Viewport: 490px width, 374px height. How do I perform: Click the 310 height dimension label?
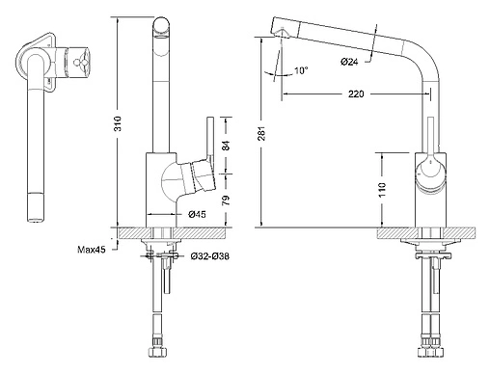click(119, 123)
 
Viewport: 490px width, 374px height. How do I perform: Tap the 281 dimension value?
click(262, 133)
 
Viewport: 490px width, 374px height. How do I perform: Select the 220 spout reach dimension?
click(356, 94)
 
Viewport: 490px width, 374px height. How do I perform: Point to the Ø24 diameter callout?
click(349, 62)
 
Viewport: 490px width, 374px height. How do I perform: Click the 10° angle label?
click(301, 70)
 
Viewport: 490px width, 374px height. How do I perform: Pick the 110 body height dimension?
click(382, 190)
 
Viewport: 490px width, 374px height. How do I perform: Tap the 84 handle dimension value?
click(227, 146)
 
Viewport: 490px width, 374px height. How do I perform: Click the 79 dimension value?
click(227, 200)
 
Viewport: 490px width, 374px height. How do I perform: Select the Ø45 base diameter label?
click(197, 214)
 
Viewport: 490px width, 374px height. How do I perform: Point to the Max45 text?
click(92, 250)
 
